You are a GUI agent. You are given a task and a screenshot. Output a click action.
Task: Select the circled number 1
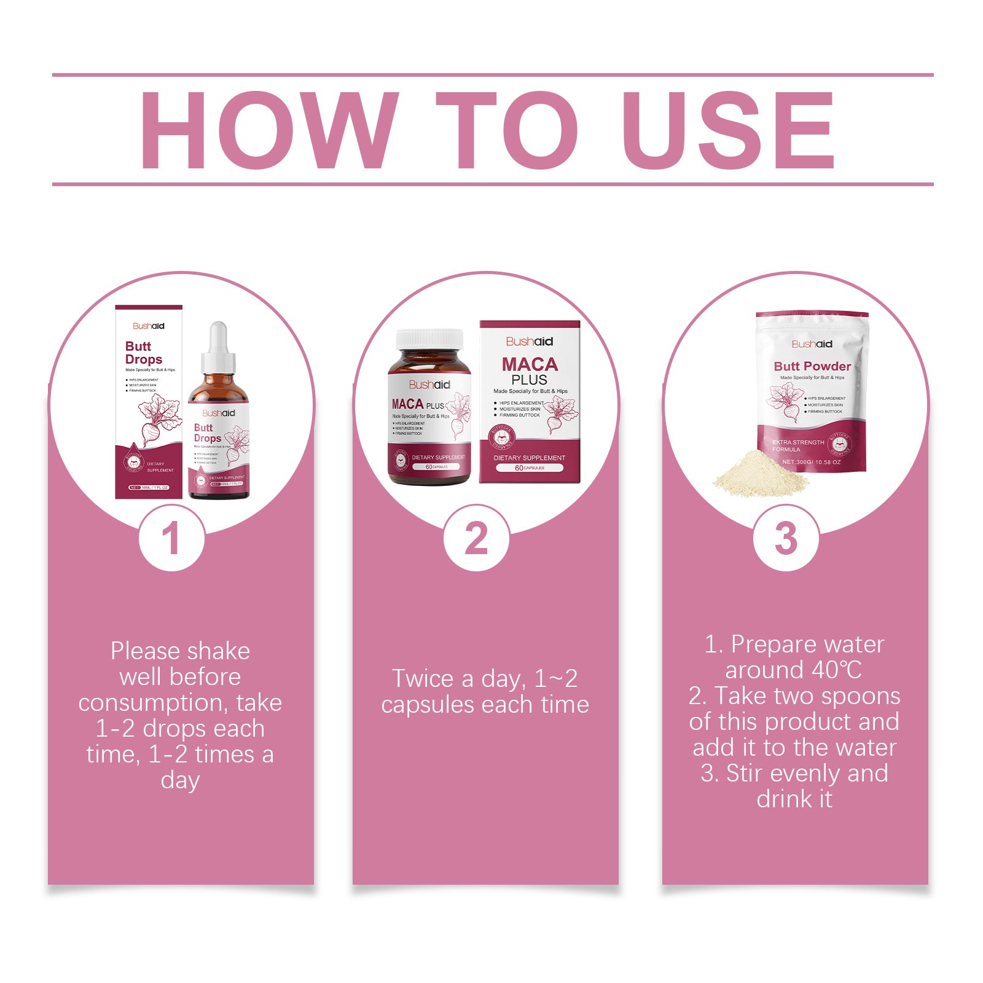[171, 539]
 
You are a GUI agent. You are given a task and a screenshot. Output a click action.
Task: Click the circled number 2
[476, 539]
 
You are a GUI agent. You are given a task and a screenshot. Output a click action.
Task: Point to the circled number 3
[786, 539]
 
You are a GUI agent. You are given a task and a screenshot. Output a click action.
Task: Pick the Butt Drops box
[149, 402]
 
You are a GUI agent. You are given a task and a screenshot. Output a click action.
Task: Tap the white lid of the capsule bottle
[429, 339]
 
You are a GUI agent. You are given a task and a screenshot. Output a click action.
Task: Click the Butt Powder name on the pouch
[812, 366]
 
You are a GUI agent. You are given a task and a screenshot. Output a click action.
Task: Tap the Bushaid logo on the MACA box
[530, 342]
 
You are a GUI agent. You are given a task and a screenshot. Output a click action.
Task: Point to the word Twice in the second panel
[422, 679]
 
